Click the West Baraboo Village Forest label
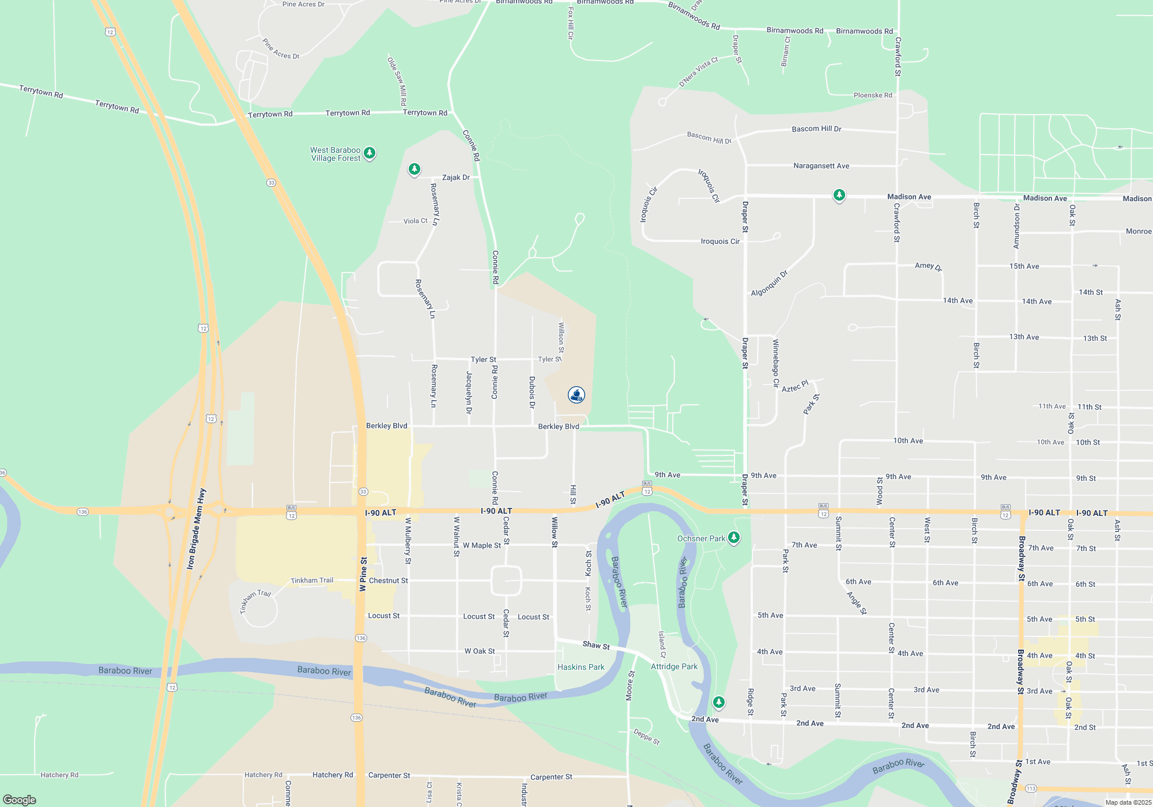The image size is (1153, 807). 336,154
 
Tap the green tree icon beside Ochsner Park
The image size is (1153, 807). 733,538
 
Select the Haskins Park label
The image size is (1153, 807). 581,667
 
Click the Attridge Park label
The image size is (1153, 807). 674,666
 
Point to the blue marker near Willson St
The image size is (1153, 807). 576,395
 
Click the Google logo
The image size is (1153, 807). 20,800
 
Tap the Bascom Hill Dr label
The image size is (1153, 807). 816,129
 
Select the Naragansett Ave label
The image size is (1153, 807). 821,166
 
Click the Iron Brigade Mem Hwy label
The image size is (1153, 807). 196,529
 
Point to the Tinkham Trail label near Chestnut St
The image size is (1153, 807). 312,580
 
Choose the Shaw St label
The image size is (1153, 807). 596,645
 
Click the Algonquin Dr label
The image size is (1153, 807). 769,284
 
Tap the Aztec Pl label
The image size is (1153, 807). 795,386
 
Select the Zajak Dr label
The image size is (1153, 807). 455,178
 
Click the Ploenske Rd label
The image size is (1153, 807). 872,95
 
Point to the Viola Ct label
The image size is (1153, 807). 416,221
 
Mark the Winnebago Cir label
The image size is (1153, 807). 776,363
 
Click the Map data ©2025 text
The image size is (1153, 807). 1128,802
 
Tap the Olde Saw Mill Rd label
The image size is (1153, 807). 397,81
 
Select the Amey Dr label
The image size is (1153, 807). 928,266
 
